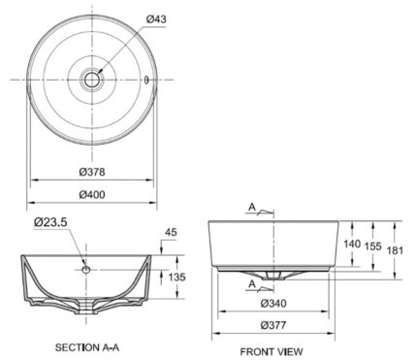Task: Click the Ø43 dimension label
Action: (156, 19)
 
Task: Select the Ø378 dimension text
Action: (92, 172)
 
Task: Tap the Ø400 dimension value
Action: (92, 194)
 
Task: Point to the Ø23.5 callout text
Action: (50, 222)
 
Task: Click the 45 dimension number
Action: (171, 232)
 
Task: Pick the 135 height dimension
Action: (177, 277)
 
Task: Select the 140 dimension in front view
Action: (352, 244)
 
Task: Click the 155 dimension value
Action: (373, 246)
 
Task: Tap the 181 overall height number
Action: (395, 250)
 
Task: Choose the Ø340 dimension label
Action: (273, 303)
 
